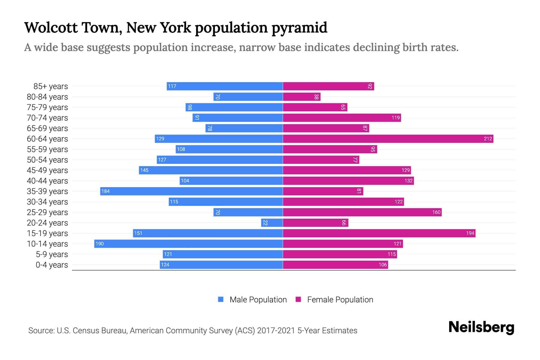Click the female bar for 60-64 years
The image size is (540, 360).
click(x=388, y=139)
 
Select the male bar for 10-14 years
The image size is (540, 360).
click(x=188, y=244)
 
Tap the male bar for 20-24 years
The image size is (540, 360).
click(x=272, y=223)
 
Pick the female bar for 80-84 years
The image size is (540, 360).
click(x=301, y=97)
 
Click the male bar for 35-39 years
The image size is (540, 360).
click(x=191, y=191)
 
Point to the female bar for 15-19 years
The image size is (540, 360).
click(x=379, y=233)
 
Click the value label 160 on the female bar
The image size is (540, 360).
click(x=436, y=212)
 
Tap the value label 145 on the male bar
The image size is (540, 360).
click(x=144, y=170)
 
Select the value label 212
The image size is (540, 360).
click(x=488, y=139)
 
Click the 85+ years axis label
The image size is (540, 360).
click(x=51, y=86)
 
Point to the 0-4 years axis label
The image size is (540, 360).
click(x=52, y=265)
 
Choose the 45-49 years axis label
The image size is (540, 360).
click(x=47, y=170)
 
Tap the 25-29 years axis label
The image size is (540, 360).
click(x=47, y=212)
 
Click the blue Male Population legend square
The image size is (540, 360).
click(x=221, y=299)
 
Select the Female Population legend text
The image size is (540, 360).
click(x=340, y=300)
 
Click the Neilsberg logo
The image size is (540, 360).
click(x=481, y=327)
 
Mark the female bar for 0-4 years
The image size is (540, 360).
click(x=335, y=265)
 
